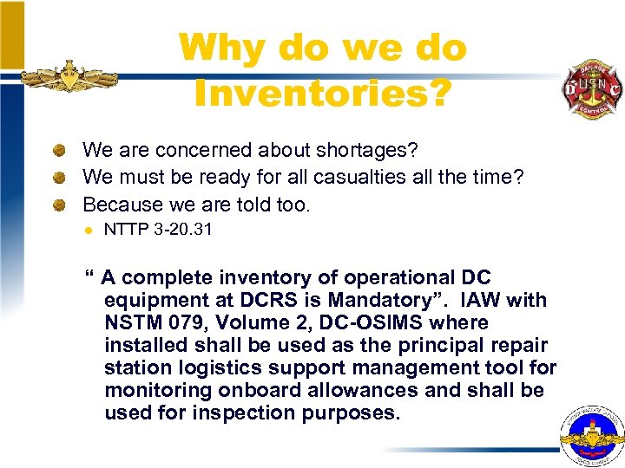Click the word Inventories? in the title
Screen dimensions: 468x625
[323, 93]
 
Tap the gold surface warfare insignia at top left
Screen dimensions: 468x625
[69, 77]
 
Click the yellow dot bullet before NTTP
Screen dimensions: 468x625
[87, 230]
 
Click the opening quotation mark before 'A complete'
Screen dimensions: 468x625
[89, 277]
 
